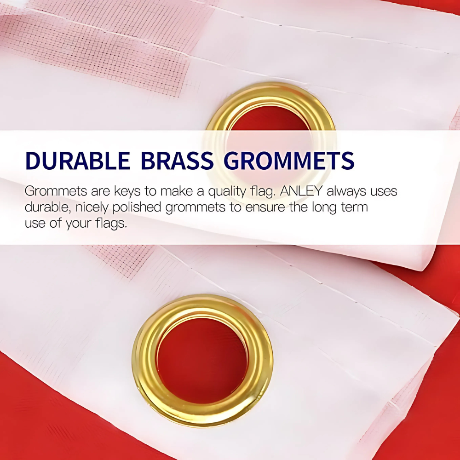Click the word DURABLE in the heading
77,161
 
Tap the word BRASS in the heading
177,161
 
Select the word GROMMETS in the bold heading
289,161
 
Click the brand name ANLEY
301,191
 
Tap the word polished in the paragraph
137,207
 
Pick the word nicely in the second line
92,207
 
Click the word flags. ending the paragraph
111,224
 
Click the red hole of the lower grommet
202,361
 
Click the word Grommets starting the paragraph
56,191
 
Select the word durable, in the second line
48,207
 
